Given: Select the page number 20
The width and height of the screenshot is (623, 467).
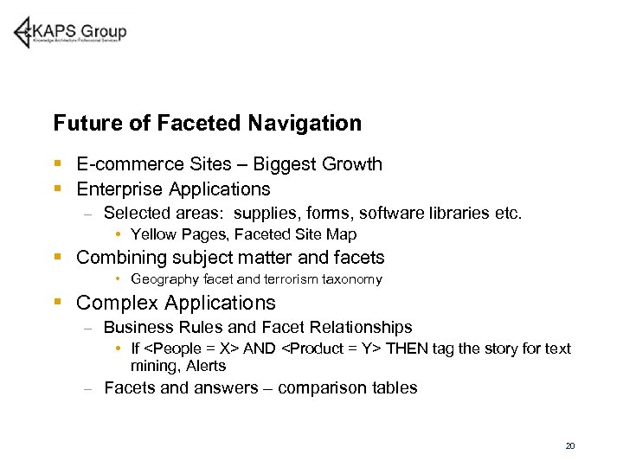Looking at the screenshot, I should pos(569,446).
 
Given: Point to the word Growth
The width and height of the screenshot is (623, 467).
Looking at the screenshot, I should pos(350,164).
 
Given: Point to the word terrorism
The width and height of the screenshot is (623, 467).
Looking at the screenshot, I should pos(291,279).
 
